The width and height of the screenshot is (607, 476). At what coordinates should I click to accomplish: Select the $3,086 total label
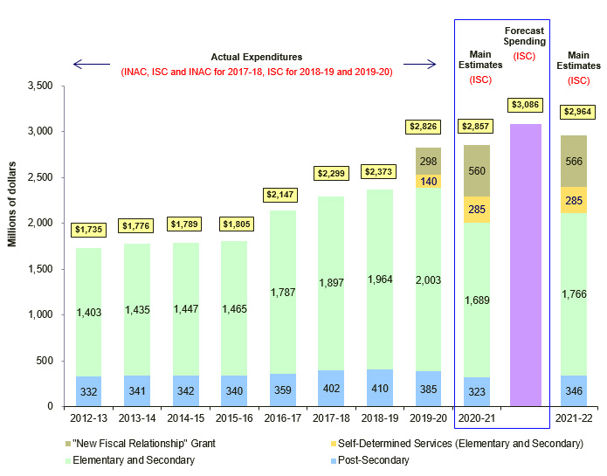[x=526, y=105]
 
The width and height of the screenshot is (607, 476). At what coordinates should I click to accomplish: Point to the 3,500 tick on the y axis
[x=40, y=86]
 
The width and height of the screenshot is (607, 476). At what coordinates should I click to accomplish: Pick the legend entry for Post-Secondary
[x=366, y=460]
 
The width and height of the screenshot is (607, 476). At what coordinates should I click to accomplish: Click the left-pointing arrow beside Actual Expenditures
[x=92, y=64]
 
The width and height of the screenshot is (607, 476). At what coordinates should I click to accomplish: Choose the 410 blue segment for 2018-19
[x=379, y=388]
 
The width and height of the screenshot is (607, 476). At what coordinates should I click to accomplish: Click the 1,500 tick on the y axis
[x=40, y=269]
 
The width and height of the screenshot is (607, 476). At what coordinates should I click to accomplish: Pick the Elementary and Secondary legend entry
[x=139, y=460]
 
